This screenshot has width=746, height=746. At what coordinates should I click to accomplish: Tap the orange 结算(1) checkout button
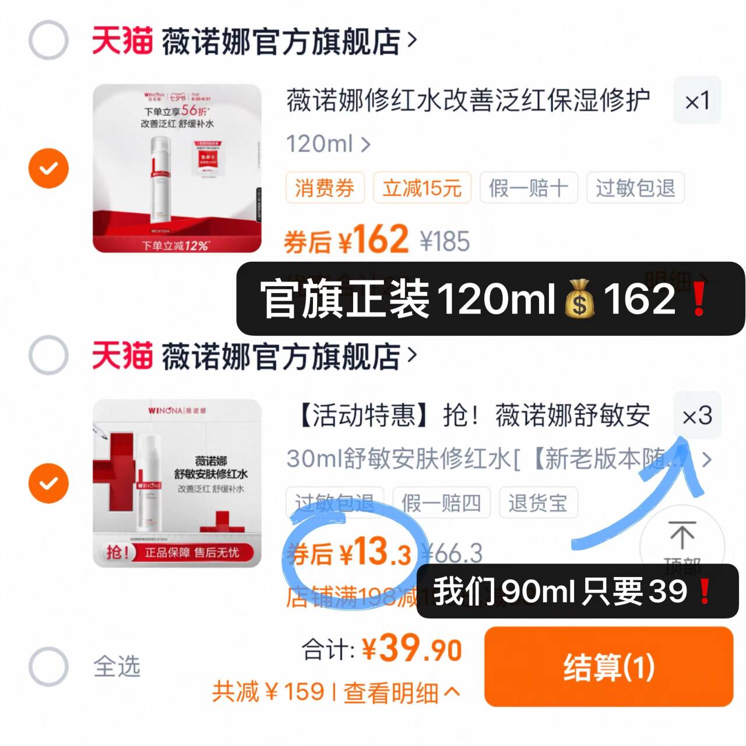point(608,667)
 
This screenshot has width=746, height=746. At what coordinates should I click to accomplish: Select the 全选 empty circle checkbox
point(48,666)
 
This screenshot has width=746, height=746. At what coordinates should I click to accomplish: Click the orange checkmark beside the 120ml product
point(48,168)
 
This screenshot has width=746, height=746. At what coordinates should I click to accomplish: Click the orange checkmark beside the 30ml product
point(48,483)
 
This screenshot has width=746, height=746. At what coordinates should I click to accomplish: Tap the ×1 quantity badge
point(697,101)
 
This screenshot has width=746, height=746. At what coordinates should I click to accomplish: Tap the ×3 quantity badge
point(697,416)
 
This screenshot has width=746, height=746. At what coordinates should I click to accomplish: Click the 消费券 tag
point(325,188)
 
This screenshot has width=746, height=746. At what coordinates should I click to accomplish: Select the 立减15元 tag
point(421,188)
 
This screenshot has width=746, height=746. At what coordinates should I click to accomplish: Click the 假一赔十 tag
point(528,188)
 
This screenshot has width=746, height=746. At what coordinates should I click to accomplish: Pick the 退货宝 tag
point(537,502)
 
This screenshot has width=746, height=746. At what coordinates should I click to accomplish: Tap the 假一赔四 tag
point(441,502)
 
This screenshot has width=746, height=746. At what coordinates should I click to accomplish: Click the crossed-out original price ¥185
point(445,241)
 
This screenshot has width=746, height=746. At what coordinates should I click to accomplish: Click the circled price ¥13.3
point(356,553)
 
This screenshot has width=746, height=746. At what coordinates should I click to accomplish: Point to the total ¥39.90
point(411,649)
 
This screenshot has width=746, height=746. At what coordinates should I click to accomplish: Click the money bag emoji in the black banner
point(579,300)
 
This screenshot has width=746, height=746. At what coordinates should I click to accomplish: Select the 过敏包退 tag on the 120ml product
point(635,188)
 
